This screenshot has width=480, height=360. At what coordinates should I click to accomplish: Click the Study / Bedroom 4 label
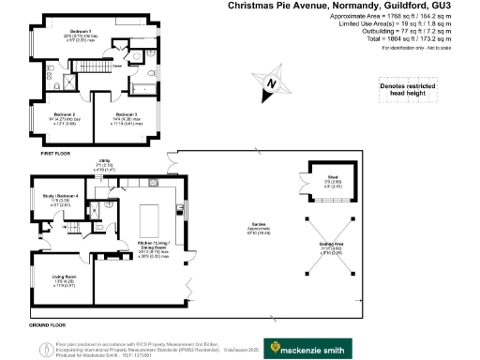tap(59, 196)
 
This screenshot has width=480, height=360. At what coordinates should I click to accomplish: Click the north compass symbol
tap(272, 83)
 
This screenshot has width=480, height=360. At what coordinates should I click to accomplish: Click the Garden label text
tap(255, 224)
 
